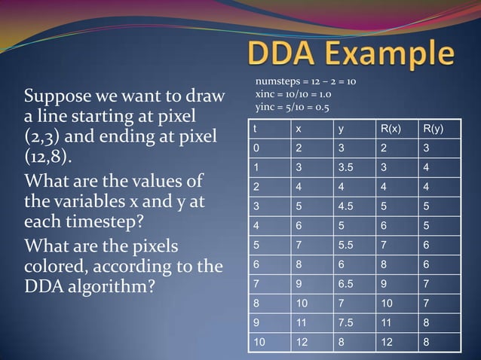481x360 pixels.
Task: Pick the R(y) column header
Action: [x=434, y=130]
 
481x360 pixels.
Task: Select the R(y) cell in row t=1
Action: [x=427, y=166]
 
